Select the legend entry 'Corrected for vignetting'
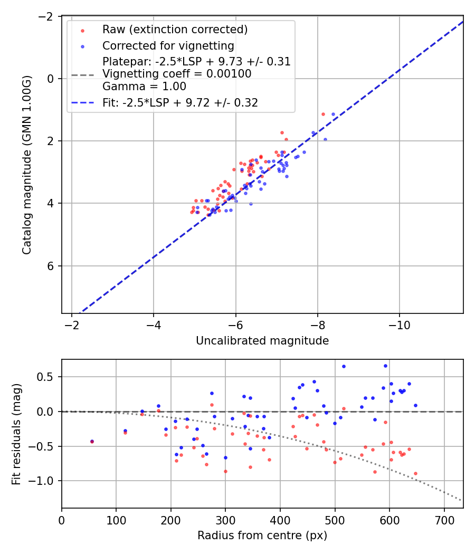tap(168, 45)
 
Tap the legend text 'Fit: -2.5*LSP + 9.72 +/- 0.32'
tap(180, 103)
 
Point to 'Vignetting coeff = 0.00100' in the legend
tap(177, 74)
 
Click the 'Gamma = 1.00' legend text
tap(144, 86)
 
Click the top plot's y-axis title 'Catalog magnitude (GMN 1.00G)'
tap(27, 165)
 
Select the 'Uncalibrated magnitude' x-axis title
tap(262, 341)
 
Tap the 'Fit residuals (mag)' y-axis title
tap(16, 433)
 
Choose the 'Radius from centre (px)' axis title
tap(262, 536)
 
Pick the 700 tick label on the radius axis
tap(444, 519)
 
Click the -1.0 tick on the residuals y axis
tap(45, 481)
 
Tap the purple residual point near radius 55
tap(92, 441)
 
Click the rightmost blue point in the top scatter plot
tap(333, 114)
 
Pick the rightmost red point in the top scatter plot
tap(323, 114)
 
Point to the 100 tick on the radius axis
tap(116, 519)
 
